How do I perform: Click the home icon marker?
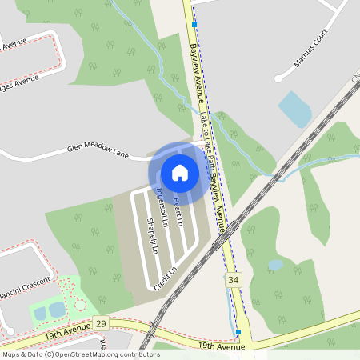[x=180, y=172]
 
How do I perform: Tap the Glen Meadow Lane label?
[x=98, y=150]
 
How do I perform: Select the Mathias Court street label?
[x=310, y=50]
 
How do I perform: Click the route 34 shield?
[x=233, y=280]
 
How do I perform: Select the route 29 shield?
[x=100, y=322]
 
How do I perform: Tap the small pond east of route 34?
[x=275, y=265]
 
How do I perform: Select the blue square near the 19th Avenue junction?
[x=238, y=331]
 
